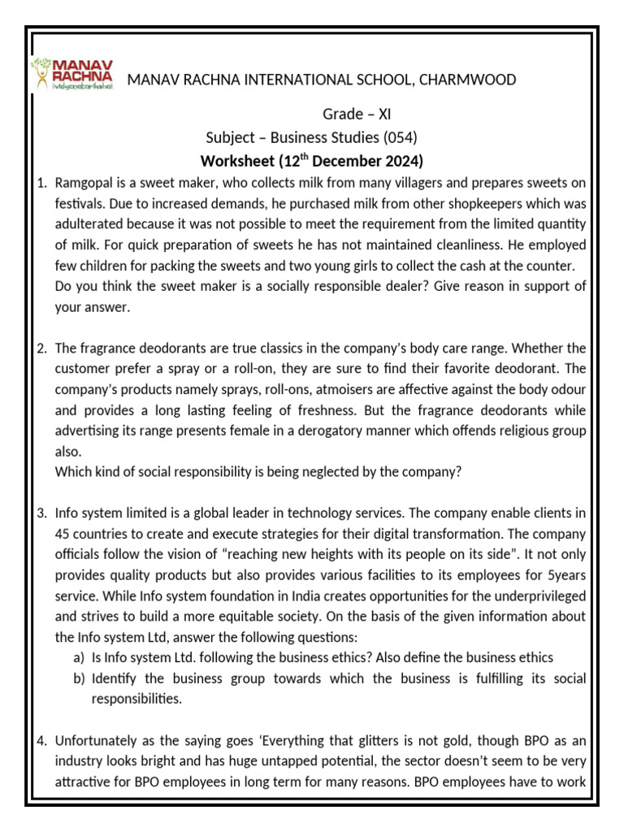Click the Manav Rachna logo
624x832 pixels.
pyautogui.click(x=71, y=73)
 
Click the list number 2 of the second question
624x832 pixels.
pyautogui.click(x=41, y=349)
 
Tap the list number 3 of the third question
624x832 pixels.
pyautogui.click(x=41, y=514)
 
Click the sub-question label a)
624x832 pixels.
pyautogui.click(x=80, y=658)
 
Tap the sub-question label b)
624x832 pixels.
pyautogui.click(x=80, y=678)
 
